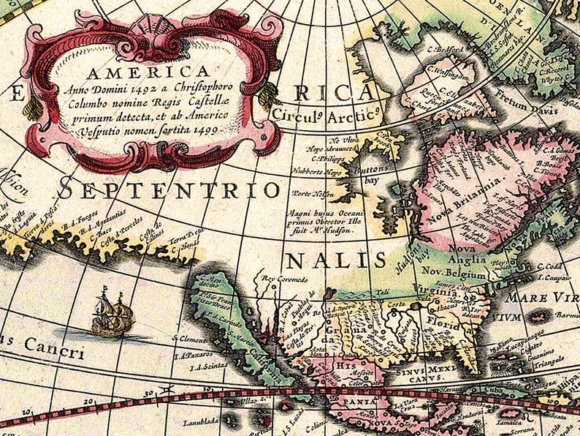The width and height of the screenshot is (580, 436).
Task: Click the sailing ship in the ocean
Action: (x=112, y=312)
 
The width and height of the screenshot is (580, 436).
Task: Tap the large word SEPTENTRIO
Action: (x=169, y=190)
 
